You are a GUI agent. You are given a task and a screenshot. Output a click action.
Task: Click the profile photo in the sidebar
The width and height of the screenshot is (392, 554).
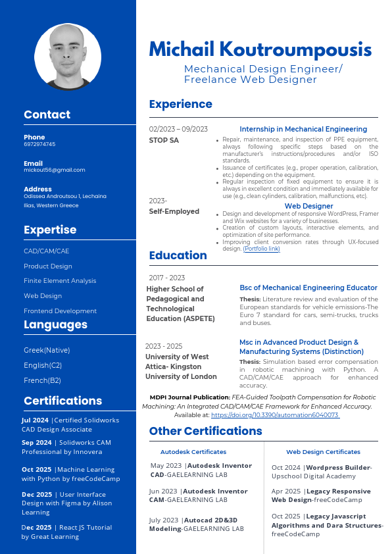coord(68,57)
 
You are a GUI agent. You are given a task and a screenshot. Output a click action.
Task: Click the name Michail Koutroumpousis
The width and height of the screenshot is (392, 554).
coord(260,49)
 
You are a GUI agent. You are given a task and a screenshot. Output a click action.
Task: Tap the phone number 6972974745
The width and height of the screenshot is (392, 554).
coord(39,144)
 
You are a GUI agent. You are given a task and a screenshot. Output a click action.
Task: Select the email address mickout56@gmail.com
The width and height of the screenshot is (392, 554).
coord(54,170)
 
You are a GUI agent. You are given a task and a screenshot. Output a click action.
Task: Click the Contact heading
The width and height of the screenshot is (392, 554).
coord(47,114)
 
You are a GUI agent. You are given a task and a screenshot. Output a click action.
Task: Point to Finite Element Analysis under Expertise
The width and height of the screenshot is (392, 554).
coord(60,281)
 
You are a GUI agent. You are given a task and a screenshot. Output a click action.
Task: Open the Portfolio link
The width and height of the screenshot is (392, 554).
coord(262,249)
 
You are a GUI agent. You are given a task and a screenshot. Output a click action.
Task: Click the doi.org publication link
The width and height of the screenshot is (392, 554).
coord(275,415)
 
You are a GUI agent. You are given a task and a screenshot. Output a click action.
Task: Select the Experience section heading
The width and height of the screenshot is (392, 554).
coord(180,104)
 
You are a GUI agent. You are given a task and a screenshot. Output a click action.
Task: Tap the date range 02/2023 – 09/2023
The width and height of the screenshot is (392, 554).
coord(178,129)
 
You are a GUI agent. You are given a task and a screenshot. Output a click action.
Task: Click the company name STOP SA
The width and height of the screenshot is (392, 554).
coord(164,140)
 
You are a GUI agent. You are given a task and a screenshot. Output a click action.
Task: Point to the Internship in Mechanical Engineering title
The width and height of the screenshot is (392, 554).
coord(303,129)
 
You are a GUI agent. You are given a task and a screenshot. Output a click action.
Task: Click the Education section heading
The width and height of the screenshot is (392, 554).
coord(178,255)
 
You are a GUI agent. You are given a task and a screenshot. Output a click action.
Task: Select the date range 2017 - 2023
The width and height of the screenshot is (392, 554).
coord(166,278)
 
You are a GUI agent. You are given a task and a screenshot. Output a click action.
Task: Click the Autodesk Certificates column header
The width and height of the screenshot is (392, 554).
coord(193,452)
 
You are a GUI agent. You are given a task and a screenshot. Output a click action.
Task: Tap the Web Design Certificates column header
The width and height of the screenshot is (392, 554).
coord(323,452)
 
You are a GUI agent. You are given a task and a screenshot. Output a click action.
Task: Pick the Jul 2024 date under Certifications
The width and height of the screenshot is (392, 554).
coord(35,420)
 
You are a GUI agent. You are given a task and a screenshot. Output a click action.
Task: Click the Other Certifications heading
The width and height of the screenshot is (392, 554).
coord(205,431)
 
